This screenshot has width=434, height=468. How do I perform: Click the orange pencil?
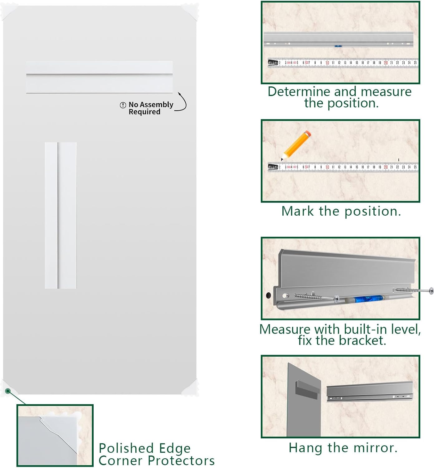click(x=296, y=145)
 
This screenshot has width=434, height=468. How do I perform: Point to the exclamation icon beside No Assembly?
click(x=123, y=105)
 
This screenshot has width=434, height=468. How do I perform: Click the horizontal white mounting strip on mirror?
click(x=99, y=77)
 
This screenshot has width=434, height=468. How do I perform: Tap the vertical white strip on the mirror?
click(x=61, y=215)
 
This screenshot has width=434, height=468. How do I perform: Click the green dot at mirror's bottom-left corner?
click(x=8, y=391)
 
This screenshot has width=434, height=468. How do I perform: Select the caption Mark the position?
click(x=341, y=211)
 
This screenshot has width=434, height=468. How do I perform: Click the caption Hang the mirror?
click(x=343, y=448)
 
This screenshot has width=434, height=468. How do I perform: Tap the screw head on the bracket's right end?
click(x=431, y=290)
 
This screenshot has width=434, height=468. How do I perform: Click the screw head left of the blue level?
click(x=337, y=299)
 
